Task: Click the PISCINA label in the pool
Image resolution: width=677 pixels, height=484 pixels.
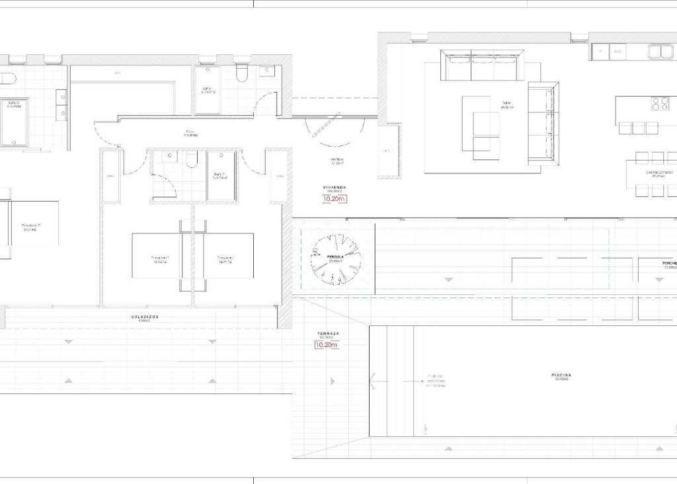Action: pyautogui.click(x=561, y=375)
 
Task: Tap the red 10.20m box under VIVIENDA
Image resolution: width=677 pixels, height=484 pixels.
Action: pyautogui.click(x=334, y=198)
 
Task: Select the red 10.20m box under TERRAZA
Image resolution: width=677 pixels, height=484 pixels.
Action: pyautogui.click(x=326, y=344)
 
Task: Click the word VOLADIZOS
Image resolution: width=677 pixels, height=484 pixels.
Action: pyautogui.click(x=145, y=317)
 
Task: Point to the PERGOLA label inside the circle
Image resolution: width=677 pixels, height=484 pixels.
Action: pyautogui.click(x=335, y=256)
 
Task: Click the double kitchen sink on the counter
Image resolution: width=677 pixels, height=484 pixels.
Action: pyautogui.click(x=660, y=51)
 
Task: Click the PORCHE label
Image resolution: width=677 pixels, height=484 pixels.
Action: pyautogui.click(x=668, y=263)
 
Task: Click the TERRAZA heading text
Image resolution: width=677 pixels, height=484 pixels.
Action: pyautogui.click(x=327, y=334)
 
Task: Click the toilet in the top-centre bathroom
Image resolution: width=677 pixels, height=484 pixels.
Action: pyautogui.click(x=241, y=73)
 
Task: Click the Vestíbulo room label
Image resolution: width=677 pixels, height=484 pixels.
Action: pyautogui.click(x=337, y=160)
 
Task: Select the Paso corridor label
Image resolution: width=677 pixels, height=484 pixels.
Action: pyautogui.click(x=190, y=132)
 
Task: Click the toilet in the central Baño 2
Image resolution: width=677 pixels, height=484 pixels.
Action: pyautogui.click(x=192, y=159)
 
